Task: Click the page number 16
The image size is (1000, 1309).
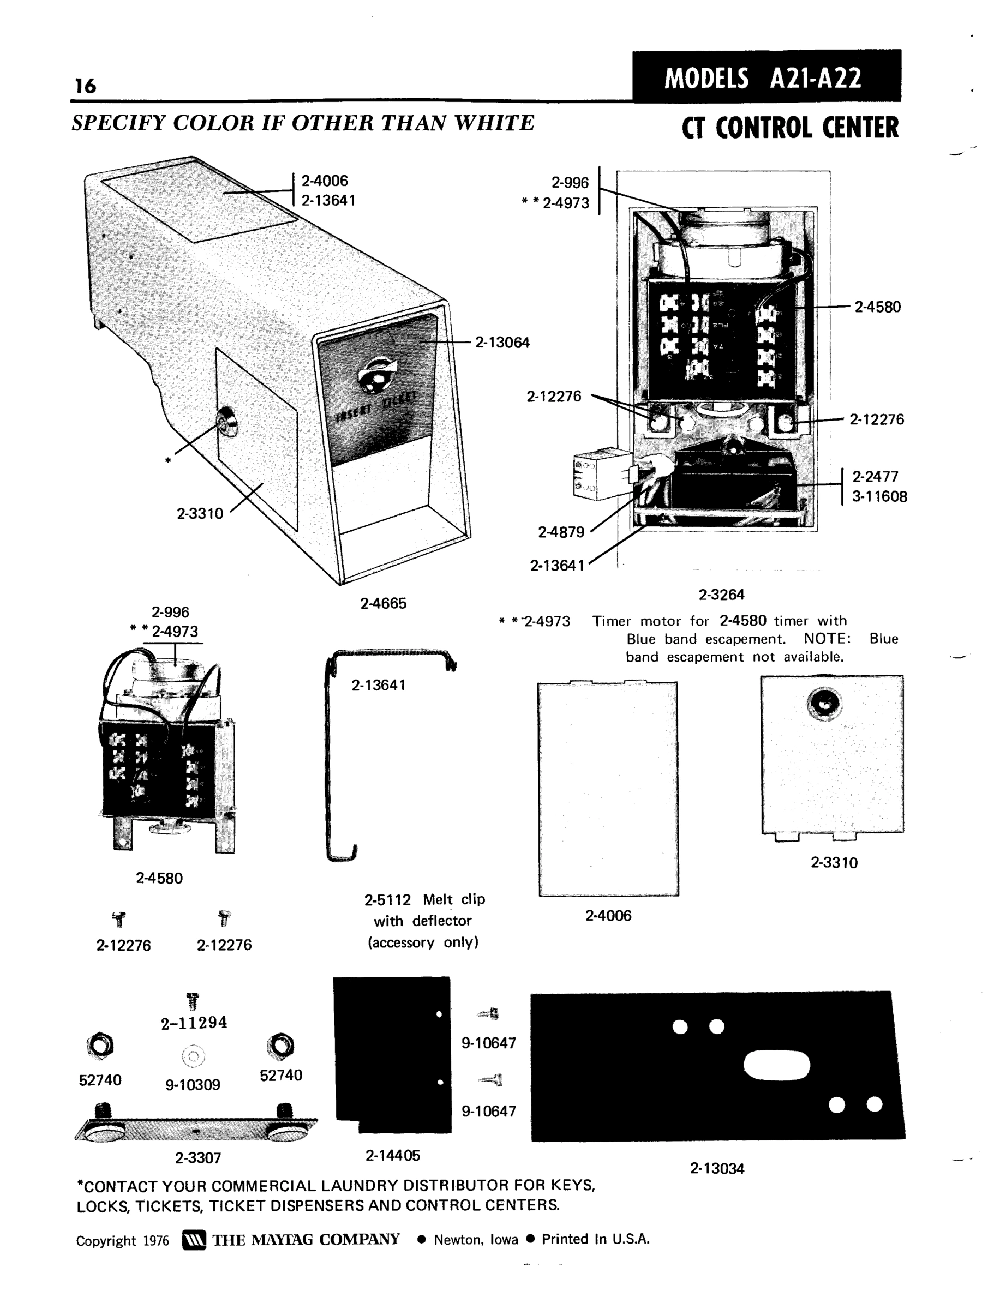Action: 85,86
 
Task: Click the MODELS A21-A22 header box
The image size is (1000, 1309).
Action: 766,77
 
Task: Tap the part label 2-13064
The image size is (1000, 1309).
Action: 502,343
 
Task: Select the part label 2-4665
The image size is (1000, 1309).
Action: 383,603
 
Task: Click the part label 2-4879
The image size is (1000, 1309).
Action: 561,532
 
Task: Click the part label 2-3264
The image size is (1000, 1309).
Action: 721,595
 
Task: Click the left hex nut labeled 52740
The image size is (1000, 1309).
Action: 100,1044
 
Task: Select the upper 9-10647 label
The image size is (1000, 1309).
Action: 489,1042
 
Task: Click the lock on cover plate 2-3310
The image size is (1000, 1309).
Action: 824,704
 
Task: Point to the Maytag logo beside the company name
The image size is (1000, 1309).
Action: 194,1240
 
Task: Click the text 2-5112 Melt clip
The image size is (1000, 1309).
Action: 424,899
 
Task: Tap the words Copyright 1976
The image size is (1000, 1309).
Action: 122,1241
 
